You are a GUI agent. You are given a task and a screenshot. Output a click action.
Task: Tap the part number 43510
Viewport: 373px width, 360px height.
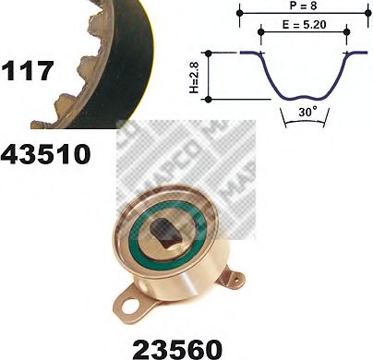[46, 152]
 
